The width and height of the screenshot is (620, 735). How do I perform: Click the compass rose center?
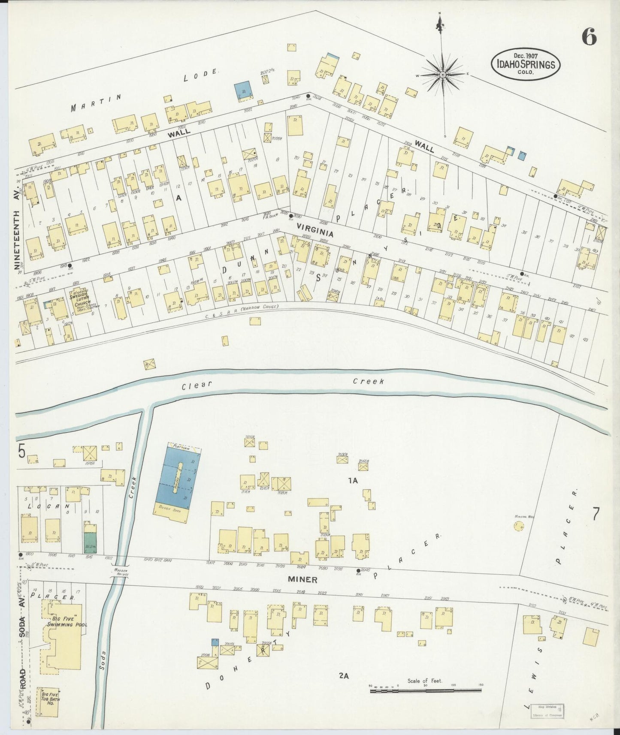point(442,75)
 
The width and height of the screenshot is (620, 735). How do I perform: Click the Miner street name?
point(302,580)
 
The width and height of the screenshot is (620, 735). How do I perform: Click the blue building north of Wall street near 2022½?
point(243,91)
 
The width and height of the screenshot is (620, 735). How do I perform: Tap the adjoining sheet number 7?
point(596,514)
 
